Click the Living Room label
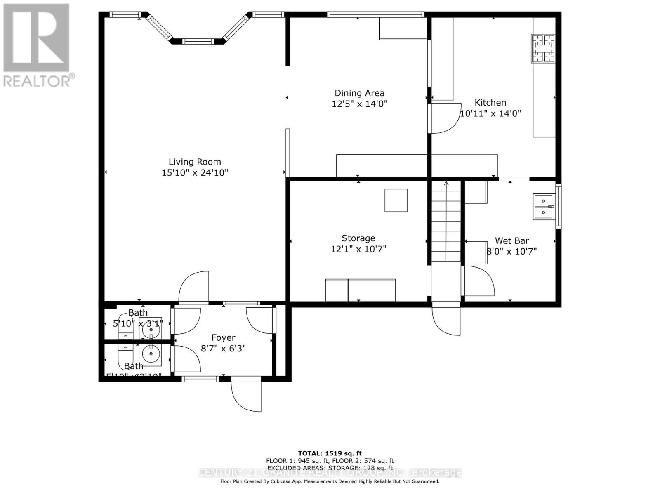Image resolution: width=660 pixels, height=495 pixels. tap(195, 162)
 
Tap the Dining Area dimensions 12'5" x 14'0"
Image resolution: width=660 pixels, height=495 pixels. tap(359, 104)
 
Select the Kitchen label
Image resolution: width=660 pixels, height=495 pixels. tap(490, 103)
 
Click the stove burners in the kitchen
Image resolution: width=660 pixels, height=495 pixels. tap(543, 49)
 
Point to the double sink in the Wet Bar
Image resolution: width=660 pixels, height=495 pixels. tap(543, 207)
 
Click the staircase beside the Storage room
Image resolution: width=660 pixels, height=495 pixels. tap(446, 223)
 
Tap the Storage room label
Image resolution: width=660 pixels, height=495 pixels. tap(358, 238)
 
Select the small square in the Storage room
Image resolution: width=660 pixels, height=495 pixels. tap(396, 200)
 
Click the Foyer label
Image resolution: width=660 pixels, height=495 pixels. tap(223, 338)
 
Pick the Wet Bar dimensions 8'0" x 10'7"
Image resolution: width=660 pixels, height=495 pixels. tap(512, 251)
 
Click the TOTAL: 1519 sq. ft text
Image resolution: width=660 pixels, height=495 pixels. tap(330, 453)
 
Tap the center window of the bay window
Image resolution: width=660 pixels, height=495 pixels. tap(198, 41)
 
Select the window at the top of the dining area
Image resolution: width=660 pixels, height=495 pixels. tap(375, 15)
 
